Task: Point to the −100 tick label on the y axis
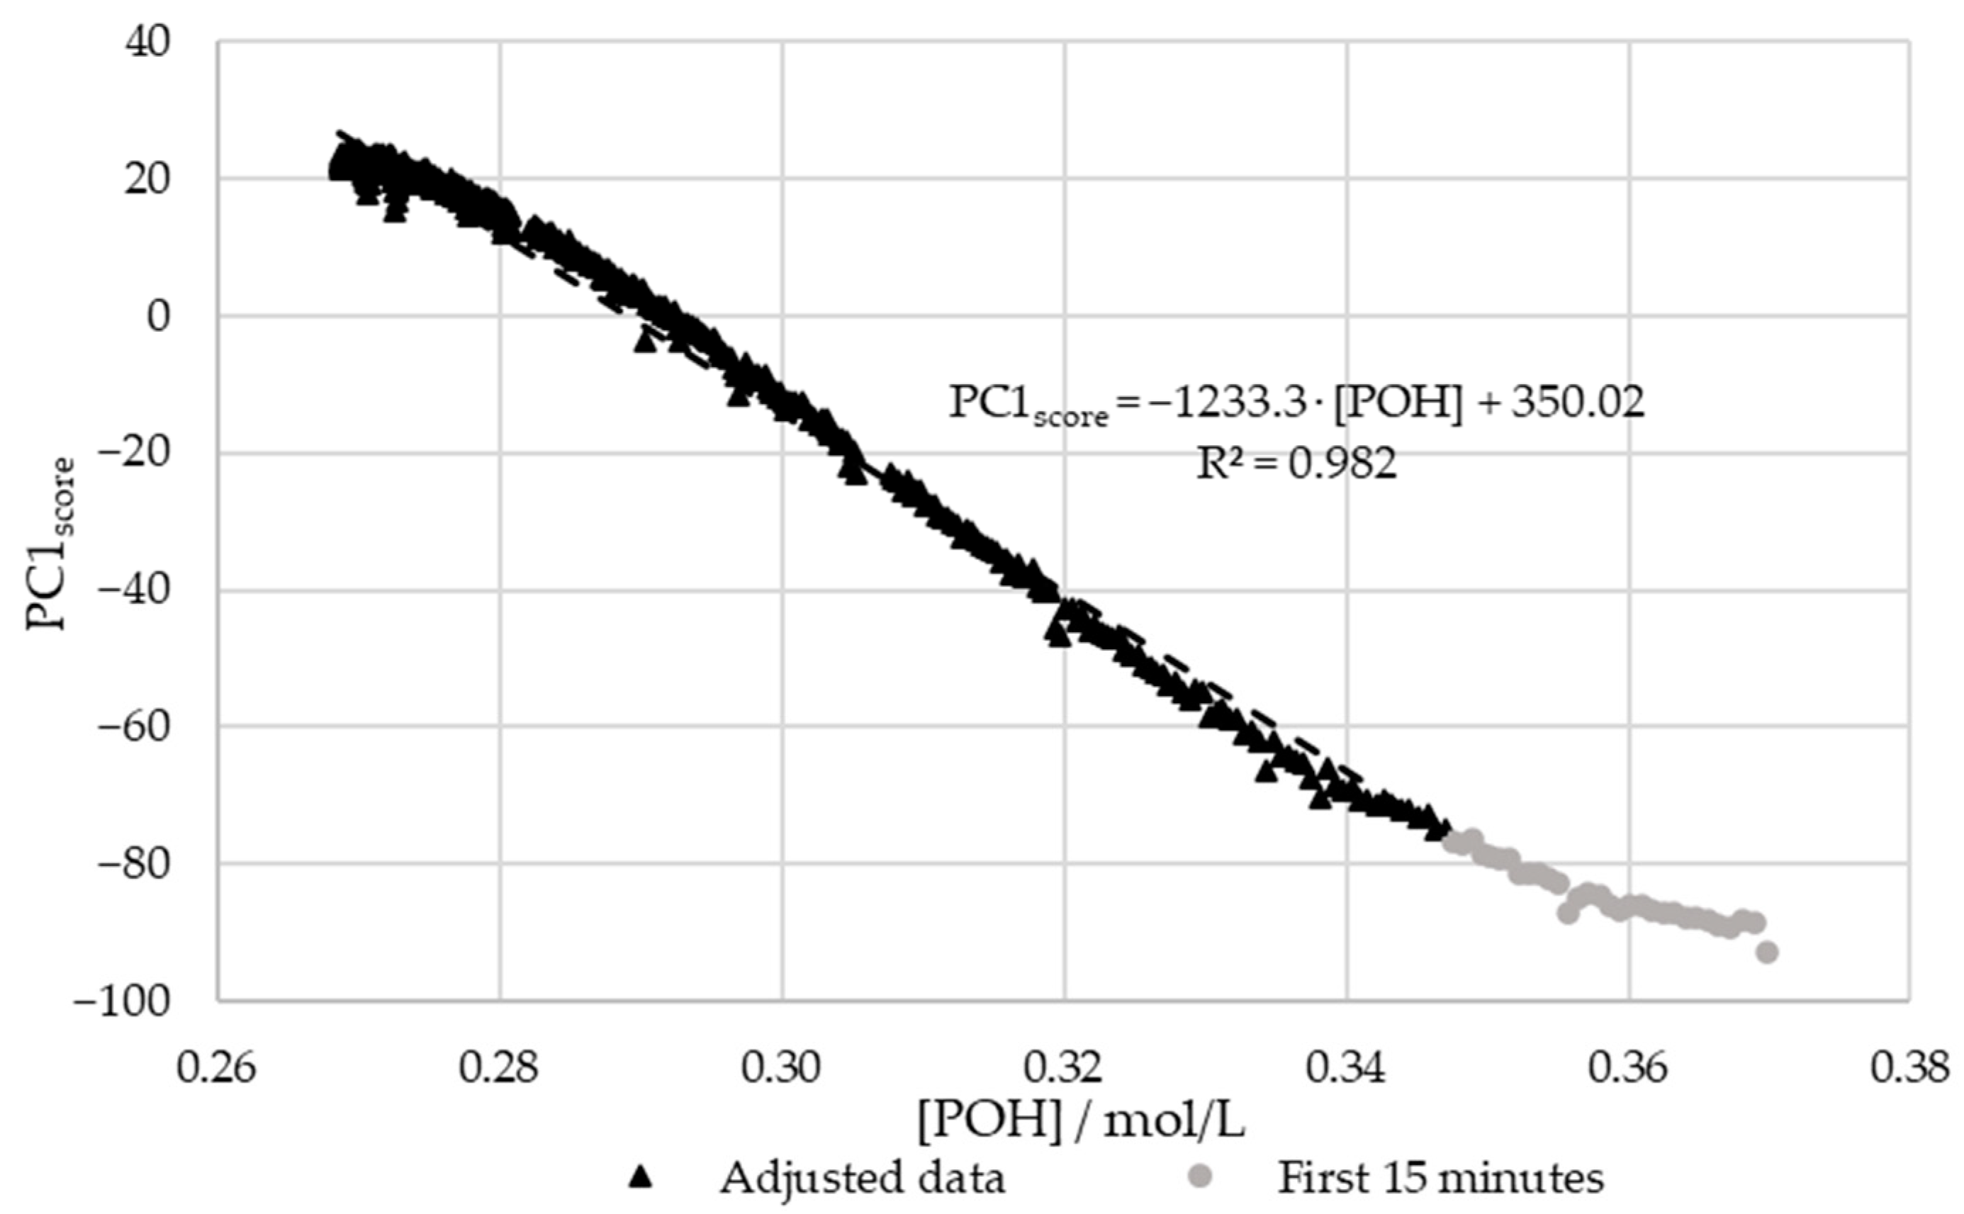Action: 121,1001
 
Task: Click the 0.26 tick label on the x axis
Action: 216,1069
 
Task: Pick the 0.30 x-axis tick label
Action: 781,1069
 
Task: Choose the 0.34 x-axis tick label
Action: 1347,1069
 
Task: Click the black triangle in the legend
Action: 640,1178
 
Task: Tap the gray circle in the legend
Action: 1201,1178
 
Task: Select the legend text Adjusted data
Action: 862,1178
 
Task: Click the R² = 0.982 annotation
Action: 1296,463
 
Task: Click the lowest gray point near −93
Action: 1766,952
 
